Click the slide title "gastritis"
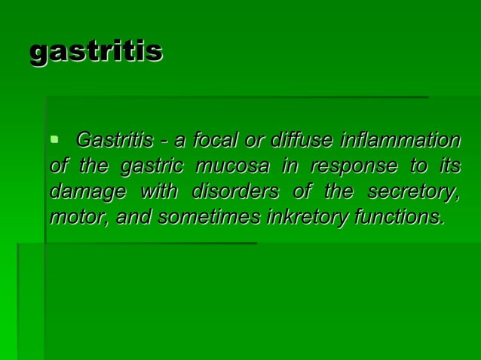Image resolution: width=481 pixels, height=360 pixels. (x=96, y=52)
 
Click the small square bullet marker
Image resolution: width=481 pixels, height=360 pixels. (x=54, y=139)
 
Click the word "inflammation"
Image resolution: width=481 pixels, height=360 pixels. (x=400, y=141)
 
